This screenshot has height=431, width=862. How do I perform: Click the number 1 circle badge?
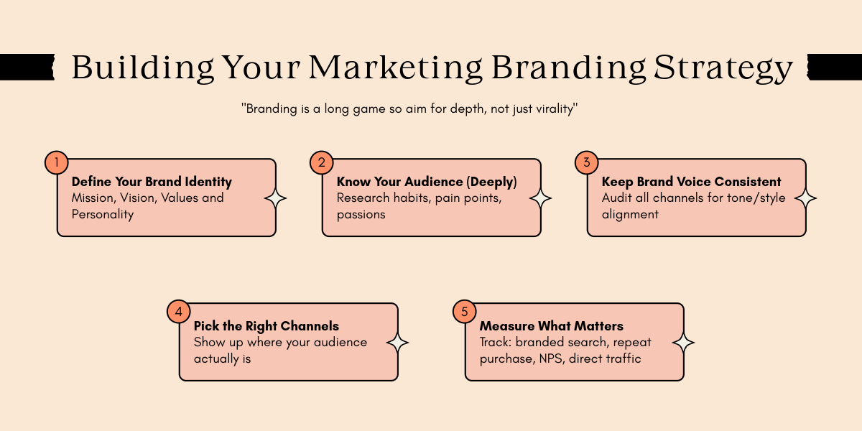(x=56, y=162)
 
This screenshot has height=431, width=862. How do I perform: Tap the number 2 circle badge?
(x=321, y=162)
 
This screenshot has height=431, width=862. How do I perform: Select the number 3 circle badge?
(x=586, y=162)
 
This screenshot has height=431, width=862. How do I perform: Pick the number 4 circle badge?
(x=178, y=312)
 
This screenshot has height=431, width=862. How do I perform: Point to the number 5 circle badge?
(x=464, y=312)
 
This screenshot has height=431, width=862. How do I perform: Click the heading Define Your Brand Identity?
(x=152, y=182)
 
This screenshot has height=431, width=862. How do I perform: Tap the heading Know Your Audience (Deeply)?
(x=427, y=182)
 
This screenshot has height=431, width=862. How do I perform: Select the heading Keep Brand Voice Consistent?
(x=691, y=182)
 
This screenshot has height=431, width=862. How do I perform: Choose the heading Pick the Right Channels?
(x=266, y=326)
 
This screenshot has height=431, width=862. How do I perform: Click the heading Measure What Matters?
(x=551, y=326)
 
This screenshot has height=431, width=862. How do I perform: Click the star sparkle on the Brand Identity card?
(x=276, y=198)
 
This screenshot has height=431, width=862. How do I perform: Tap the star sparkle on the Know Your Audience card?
(x=541, y=198)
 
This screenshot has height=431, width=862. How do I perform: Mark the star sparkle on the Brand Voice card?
(x=806, y=198)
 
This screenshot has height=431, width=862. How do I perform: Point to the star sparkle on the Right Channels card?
(x=398, y=343)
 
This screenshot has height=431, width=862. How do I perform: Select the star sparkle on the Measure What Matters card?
(x=684, y=343)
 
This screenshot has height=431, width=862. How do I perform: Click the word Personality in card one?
(x=103, y=214)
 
